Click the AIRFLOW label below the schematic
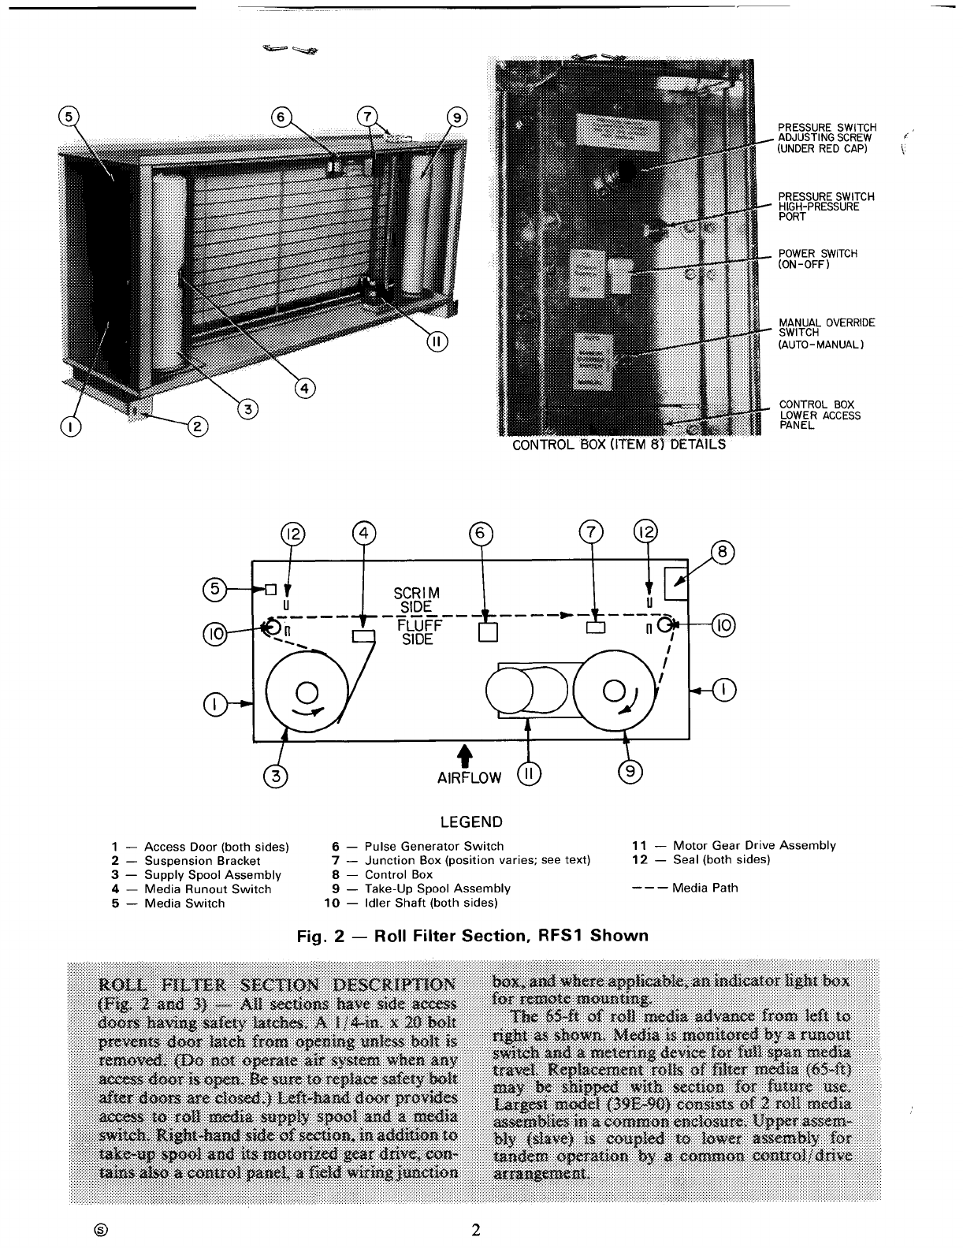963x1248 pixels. click(x=469, y=778)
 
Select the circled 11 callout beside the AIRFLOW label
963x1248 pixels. click(x=528, y=776)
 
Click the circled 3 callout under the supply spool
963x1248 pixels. click(x=276, y=776)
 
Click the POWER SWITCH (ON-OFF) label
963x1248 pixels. click(x=812, y=259)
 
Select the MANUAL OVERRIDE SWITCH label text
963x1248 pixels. click(x=826, y=333)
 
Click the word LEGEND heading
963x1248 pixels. click(x=470, y=822)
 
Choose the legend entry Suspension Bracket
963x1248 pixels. click(x=202, y=860)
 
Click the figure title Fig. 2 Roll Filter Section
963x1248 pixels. click(x=472, y=936)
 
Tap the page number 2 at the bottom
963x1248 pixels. click(x=475, y=1230)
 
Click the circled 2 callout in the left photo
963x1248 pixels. click(x=195, y=427)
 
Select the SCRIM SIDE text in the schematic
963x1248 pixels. click(x=417, y=600)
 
